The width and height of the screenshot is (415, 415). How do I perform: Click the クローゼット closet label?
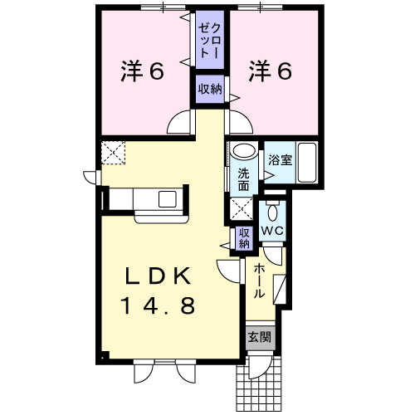(210, 41)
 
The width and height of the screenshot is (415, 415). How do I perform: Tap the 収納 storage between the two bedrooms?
(210, 89)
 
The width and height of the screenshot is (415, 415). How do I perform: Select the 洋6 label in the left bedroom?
(143, 71)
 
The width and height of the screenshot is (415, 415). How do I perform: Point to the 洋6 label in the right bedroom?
(271, 71)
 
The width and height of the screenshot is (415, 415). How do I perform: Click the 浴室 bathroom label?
(281, 159)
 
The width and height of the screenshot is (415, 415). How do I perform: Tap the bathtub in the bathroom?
(307, 163)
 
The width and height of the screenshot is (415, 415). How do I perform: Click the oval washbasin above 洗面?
(244, 151)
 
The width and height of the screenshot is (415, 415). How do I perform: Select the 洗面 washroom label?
(244, 180)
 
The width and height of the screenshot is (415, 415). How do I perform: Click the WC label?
(272, 231)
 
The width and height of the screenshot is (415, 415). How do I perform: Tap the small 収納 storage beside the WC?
(244, 238)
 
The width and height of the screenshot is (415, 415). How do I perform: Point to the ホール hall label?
(259, 281)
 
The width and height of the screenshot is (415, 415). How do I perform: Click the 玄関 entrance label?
(260, 337)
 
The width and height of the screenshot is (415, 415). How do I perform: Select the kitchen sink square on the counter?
(168, 199)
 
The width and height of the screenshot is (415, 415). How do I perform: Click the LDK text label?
(158, 276)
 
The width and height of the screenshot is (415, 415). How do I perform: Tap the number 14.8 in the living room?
(158, 305)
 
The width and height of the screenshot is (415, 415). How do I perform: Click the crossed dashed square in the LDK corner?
(113, 153)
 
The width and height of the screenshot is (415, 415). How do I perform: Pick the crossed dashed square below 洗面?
(242, 209)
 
